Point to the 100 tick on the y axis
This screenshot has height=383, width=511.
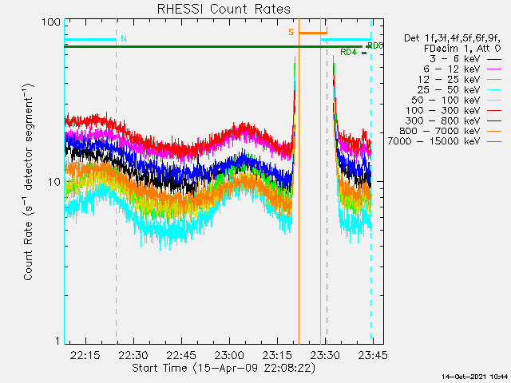[x=50, y=22]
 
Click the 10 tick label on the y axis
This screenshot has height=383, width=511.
[x=53, y=182]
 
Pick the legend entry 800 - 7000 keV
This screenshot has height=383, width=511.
[x=451, y=131]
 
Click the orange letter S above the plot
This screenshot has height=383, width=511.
[x=291, y=33]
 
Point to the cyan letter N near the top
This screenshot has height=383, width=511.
[x=123, y=38]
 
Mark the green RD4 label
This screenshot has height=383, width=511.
[x=348, y=53]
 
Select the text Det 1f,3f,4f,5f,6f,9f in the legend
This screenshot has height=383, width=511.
[x=450, y=38]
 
